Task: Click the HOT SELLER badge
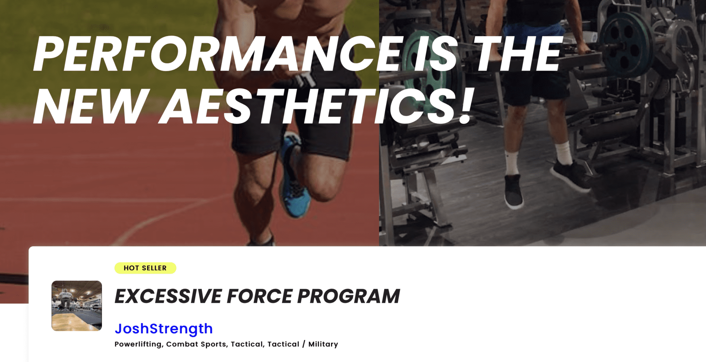pyautogui.click(x=145, y=268)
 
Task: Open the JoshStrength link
pyautogui.click(x=164, y=329)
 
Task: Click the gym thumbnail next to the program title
pyautogui.click(x=76, y=306)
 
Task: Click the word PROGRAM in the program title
pyautogui.click(x=348, y=296)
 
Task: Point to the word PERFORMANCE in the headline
pyautogui.click(x=217, y=54)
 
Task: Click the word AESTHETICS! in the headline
pyautogui.click(x=316, y=107)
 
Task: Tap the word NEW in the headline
pyautogui.click(x=90, y=107)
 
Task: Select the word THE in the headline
pyautogui.click(x=517, y=54)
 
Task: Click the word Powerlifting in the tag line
pyautogui.click(x=138, y=344)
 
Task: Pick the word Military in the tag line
pyautogui.click(x=323, y=344)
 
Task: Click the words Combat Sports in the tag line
pyautogui.click(x=196, y=344)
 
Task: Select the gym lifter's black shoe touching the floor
pyautogui.click(x=514, y=191)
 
